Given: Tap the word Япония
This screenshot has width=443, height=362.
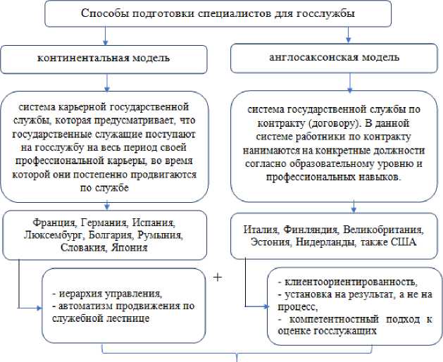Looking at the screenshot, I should point(132,246).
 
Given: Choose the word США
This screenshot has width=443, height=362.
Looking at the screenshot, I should point(406,243).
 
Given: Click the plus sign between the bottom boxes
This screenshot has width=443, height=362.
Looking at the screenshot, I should point(217,277).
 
